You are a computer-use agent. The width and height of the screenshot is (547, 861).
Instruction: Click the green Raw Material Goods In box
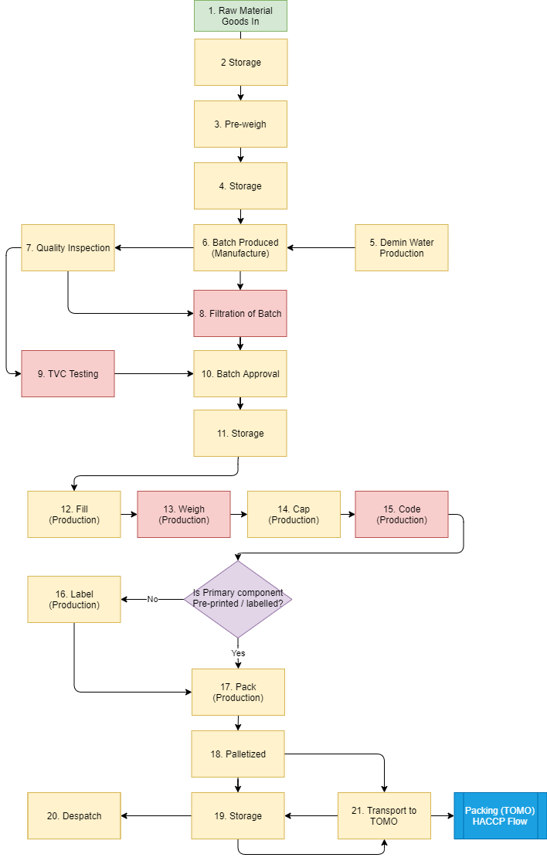click(x=240, y=15)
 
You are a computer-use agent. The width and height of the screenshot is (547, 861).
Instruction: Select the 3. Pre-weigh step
click(x=240, y=124)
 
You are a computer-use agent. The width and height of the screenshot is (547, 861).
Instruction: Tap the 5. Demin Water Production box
click(x=401, y=247)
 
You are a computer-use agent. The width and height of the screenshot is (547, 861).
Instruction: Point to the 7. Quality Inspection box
click(x=68, y=247)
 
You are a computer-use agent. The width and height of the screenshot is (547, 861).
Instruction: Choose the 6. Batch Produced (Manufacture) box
click(x=240, y=247)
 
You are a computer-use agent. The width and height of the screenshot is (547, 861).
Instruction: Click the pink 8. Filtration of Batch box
click(x=240, y=313)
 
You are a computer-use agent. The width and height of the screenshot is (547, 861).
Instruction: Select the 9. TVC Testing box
click(x=68, y=373)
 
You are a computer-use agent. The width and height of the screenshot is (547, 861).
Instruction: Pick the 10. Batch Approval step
click(x=240, y=373)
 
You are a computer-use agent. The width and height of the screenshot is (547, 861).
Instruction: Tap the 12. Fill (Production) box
click(x=74, y=514)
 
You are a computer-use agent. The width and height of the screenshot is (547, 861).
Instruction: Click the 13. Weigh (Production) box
click(x=184, y=514)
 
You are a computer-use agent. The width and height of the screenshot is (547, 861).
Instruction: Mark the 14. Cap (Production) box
click(x=294, y=514)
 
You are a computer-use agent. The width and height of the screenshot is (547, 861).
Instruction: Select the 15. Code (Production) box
click(x=401, y=514)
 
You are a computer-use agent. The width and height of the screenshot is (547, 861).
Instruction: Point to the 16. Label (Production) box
click(x=74, y=599)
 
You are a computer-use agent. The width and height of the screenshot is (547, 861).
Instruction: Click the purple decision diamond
click(x=238, y=599)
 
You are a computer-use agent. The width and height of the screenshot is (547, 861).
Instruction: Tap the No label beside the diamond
click(x=152, y=599)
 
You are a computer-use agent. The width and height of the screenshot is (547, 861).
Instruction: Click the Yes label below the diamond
click(x=238, y=653)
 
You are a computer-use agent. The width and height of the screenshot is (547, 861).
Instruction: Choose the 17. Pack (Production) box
click(x=238, y=692)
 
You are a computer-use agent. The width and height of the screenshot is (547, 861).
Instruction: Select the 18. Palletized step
click(x=238, y=754)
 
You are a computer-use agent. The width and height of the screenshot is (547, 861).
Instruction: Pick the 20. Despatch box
click(x=74, y=815)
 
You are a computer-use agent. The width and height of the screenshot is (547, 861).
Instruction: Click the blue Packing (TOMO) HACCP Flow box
click(x=500, y=815)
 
